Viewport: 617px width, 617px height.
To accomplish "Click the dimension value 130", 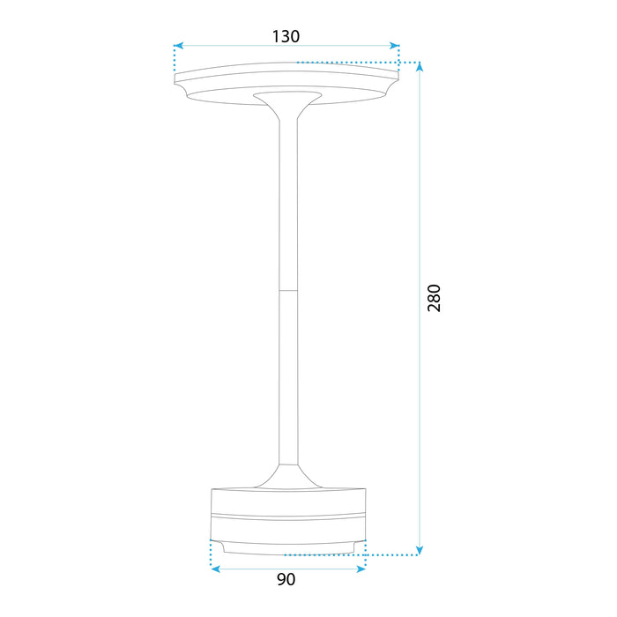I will coord(286,36).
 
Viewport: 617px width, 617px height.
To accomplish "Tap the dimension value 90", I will coord(286,580).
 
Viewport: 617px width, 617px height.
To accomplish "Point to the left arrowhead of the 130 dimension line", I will coord(179,44).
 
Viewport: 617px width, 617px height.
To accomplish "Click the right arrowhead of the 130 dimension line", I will coord(395,44).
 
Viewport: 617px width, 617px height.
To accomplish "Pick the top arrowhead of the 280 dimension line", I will coord(420,68).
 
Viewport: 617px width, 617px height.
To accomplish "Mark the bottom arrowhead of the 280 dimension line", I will coord(420,549).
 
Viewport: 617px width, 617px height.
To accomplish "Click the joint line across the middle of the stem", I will coord(287,288).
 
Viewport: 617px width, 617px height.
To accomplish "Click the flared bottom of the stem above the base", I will coord(287,477).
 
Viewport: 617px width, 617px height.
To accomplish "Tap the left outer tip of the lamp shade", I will coord(177,82).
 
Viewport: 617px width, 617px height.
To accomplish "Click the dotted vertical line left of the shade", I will coord(175,60).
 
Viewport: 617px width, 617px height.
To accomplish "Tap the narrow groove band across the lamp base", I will coord(287,514).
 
